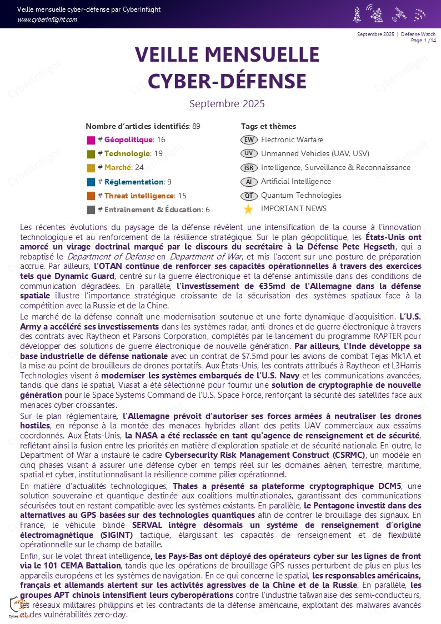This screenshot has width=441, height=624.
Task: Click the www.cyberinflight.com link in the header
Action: tap(47, 19)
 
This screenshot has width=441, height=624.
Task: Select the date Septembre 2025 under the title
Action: tap(227, 104)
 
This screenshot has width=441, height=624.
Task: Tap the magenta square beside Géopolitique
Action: tap(91, 140)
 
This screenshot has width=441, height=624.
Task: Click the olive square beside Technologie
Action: tap(91, 154)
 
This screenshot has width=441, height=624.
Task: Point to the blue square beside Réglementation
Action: tap(91, 182)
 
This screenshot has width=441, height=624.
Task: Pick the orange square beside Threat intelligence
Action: tap(91, 196)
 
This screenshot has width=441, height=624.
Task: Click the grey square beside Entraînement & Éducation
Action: tap(91, 209)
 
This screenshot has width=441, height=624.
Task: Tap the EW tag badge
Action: tap(249, 139)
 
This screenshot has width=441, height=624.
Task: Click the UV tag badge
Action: tap(249, 153)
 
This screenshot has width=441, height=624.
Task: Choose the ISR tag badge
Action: tap(249, 167)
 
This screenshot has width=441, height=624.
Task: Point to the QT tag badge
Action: tap(249, 196)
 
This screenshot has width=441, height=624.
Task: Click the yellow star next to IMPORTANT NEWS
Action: tap(248, 209)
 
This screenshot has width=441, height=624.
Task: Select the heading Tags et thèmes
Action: tap(268, 126)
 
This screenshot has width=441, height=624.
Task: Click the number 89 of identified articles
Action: tap(196, 126)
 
